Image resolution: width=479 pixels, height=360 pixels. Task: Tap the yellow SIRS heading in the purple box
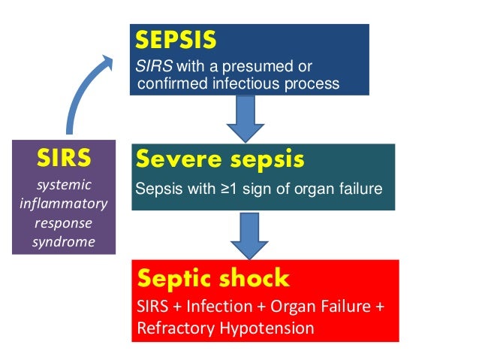(64, 159)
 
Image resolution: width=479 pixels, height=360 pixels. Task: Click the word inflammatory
(64, 204)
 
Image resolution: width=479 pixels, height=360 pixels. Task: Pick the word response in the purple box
(64, 223)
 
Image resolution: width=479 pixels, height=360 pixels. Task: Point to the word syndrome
(64, 241)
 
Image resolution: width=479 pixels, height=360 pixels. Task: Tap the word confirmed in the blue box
(167, 83)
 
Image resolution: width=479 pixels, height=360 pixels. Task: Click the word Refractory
(170, 328)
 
